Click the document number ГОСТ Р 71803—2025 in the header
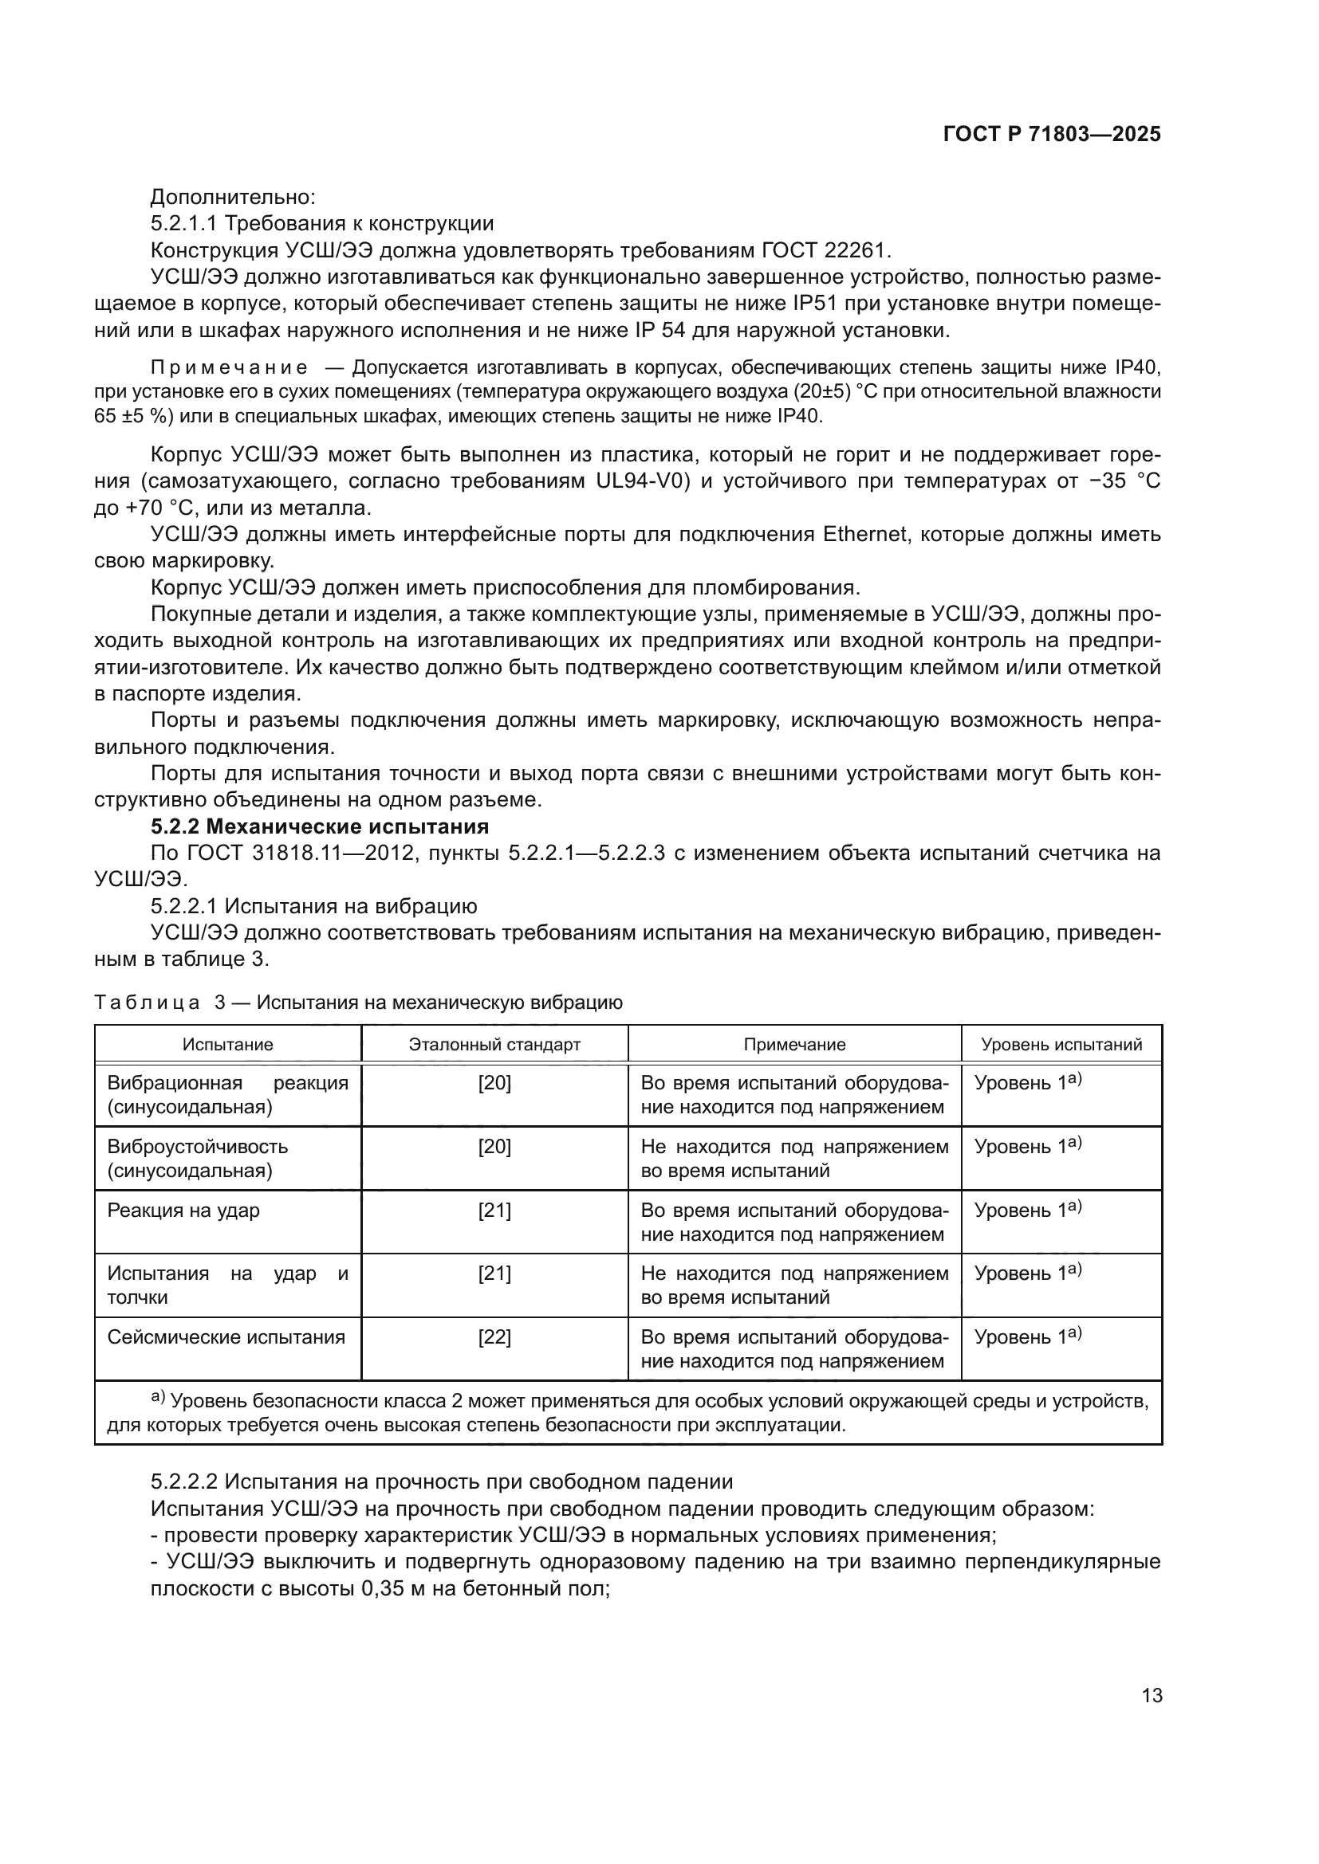pos(1052,135)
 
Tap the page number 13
pos(1152,1695)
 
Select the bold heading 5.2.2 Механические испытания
pos(319,826)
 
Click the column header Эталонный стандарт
pos(494,1044)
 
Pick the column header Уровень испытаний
pos(1061,1044)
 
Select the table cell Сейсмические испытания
pos(226,1336)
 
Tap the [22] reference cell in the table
pos(494,1336)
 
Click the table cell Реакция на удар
pos(183,1210)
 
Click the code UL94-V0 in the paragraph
pos(643,481)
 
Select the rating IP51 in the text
pos(819,304)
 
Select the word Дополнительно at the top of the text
pos(232,197)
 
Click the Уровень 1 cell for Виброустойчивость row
pos(1026,1146)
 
